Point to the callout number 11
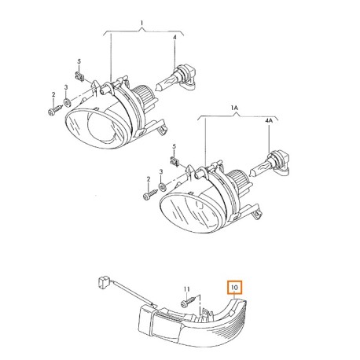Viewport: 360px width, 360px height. point(187,290)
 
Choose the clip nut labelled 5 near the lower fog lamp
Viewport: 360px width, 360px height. point(174,165)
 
